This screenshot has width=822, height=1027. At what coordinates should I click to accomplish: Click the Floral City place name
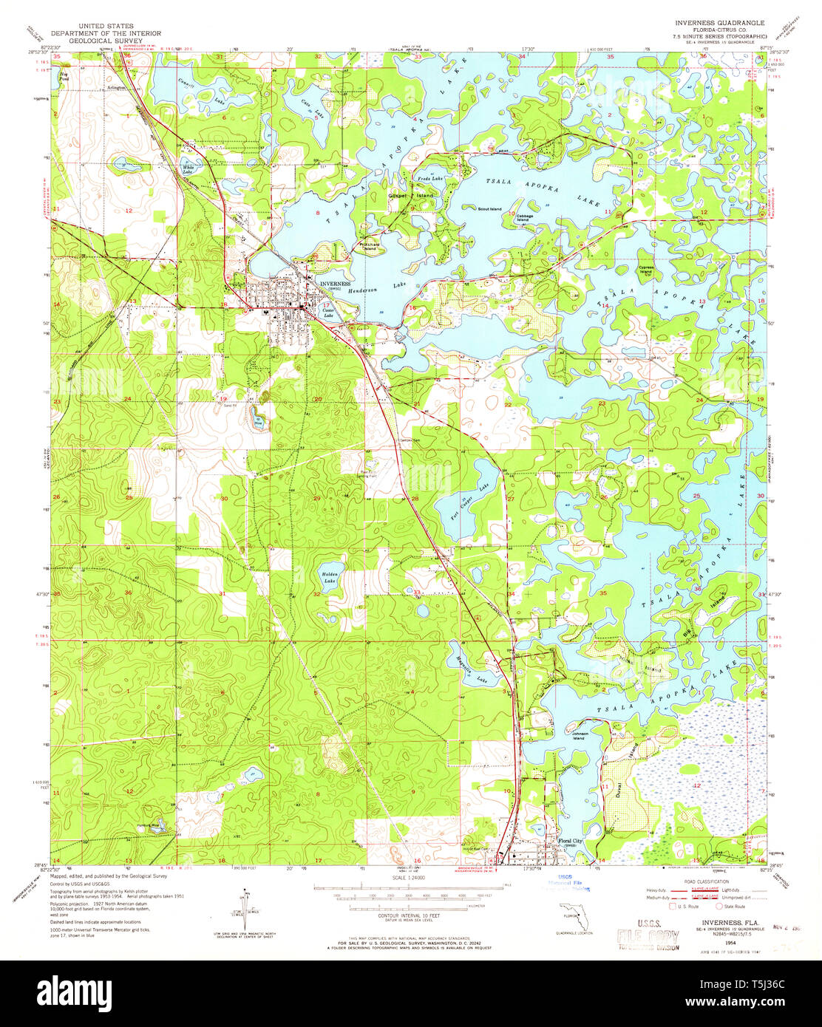[571, 840]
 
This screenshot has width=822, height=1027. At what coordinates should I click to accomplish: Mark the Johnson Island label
[580, 736]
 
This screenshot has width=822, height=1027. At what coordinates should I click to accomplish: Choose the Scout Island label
[489, 208]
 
